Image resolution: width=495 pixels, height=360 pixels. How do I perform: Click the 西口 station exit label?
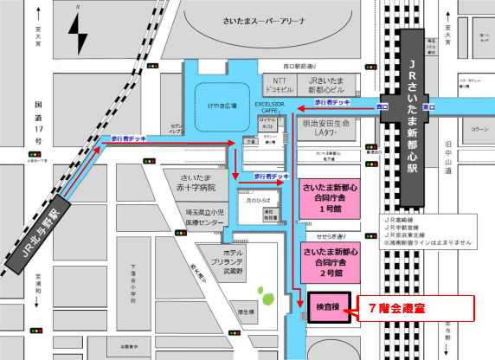383,106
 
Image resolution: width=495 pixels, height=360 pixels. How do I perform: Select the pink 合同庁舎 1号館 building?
330,197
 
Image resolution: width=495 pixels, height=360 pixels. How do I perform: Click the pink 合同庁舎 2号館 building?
330,260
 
